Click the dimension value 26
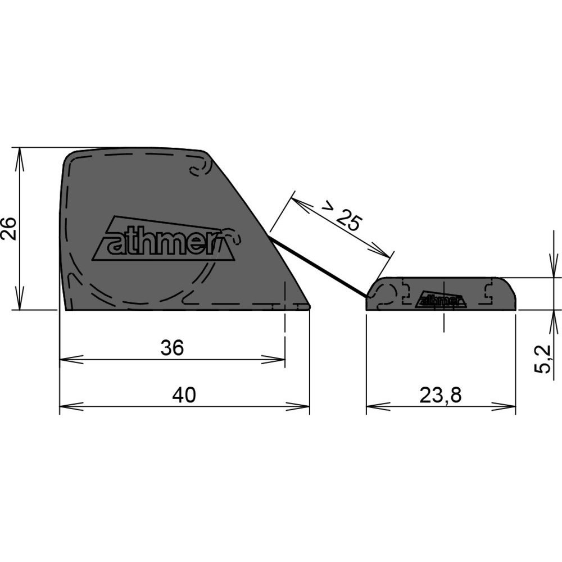[8, 229]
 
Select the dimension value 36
[172, 348]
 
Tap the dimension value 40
[184, 395]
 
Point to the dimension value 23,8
[441, 395]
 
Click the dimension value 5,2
[543, 359]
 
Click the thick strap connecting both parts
[319, 269]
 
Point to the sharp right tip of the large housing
[310, 307]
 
